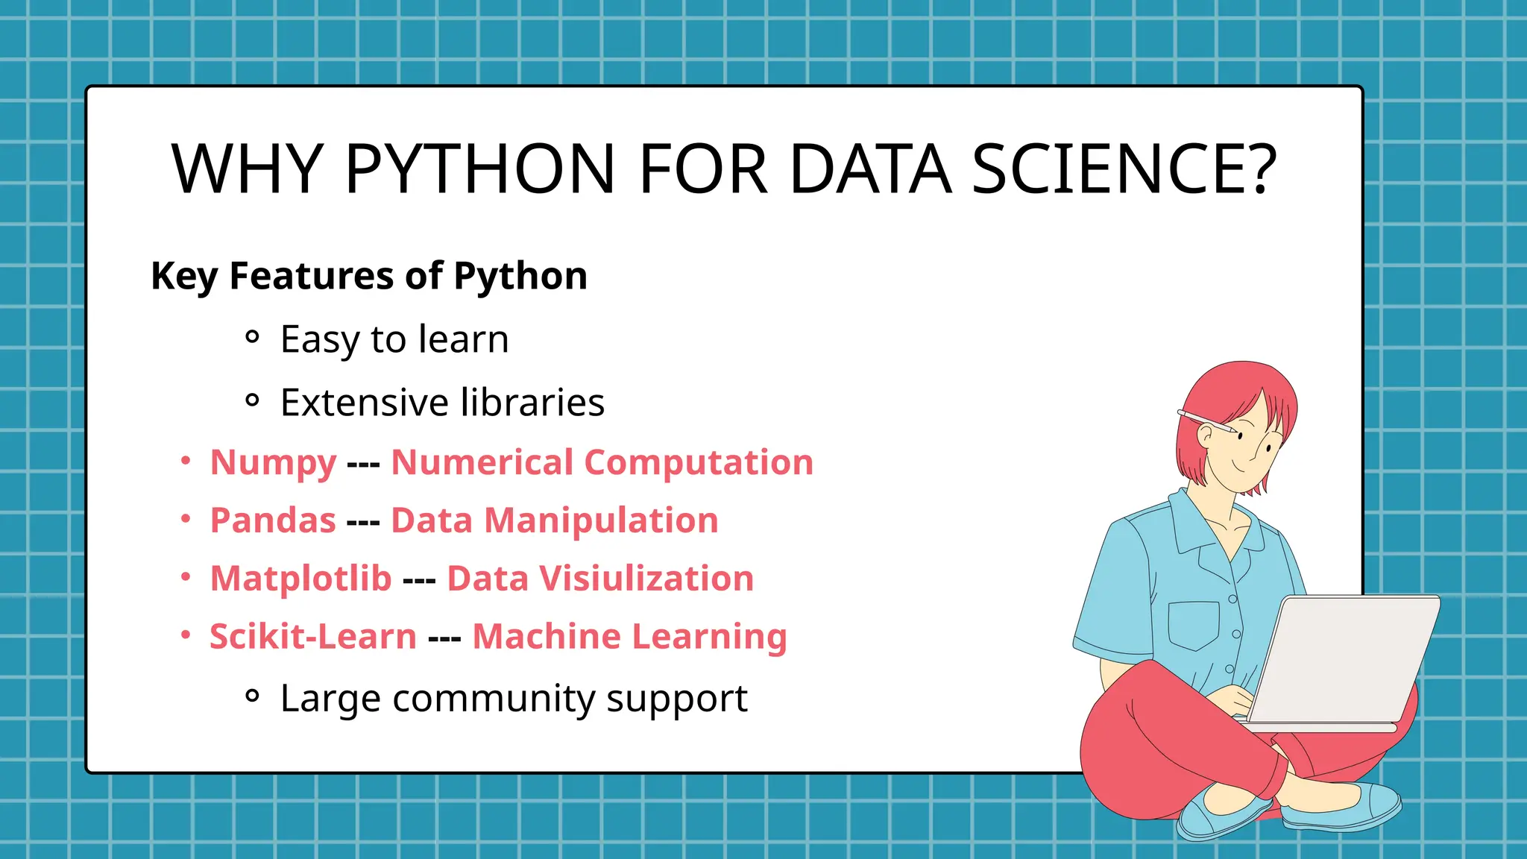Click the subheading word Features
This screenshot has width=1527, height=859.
click(x=313, y=276)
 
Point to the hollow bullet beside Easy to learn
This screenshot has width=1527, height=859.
click(x=252, y=337)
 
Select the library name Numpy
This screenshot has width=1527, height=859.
click(x=273, y=462)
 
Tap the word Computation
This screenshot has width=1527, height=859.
click(x=699, y=462)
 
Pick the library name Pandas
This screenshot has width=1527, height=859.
click(x=273, y=520)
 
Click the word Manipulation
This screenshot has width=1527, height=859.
click(x=601, y=520)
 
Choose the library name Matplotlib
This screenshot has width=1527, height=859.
click(x=300, y=579)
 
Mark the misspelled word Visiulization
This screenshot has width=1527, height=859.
click(x=646, y=579)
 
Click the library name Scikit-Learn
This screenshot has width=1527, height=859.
click(x=312, y=637)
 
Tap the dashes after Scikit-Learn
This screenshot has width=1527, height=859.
click(x=444, y=638)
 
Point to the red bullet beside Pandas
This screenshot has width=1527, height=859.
click(x=186, y=519)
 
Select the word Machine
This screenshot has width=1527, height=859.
click(x=547, y=637)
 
